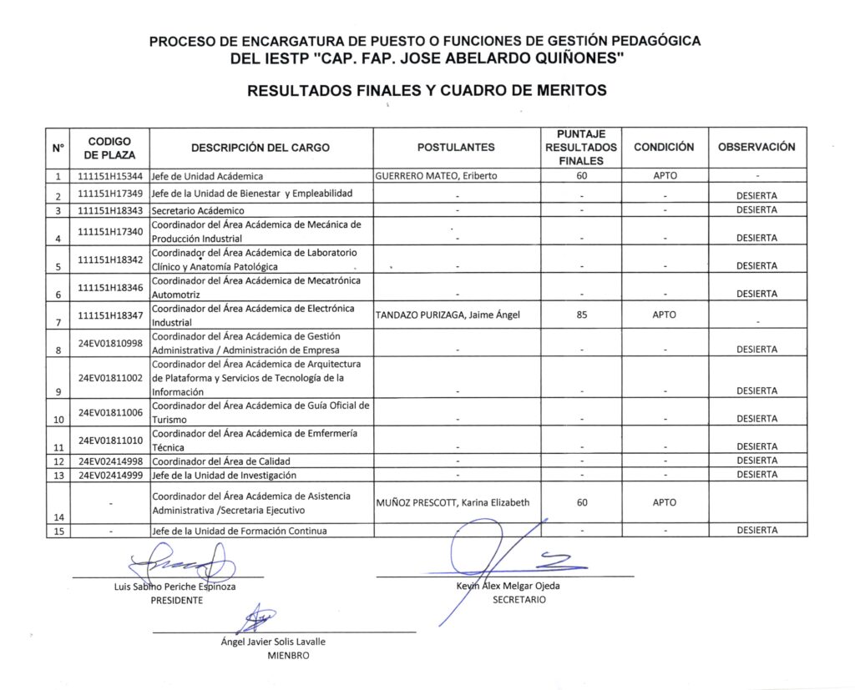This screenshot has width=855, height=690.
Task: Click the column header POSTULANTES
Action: pyautogui.click(x=456, y=148)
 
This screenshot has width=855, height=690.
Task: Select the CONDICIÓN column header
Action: pyautogui.click(x=664, y=147)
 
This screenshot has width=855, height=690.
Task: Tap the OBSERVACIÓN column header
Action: pyautogui.click(x=756, y=147)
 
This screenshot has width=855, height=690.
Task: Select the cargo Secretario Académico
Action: pyautogui.click(x=198, y=210)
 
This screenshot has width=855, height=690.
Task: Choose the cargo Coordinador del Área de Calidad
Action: pyautogui.click(x=220, y=461)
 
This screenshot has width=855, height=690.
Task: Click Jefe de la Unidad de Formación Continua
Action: pyautogui.click(x=240, y=531)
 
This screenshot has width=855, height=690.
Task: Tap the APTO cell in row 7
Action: pyautogui.click(x=665, y=315)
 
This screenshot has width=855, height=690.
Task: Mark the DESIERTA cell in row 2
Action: pyautogui.click(x=756, y=196)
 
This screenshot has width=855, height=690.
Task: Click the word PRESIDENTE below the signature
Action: pyautogui.click(x=176, y=601)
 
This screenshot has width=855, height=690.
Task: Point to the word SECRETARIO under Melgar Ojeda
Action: pyautogui.click(x=519, y=600)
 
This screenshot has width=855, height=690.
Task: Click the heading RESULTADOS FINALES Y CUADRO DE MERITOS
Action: pyautogui.click(x=427, y=90)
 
